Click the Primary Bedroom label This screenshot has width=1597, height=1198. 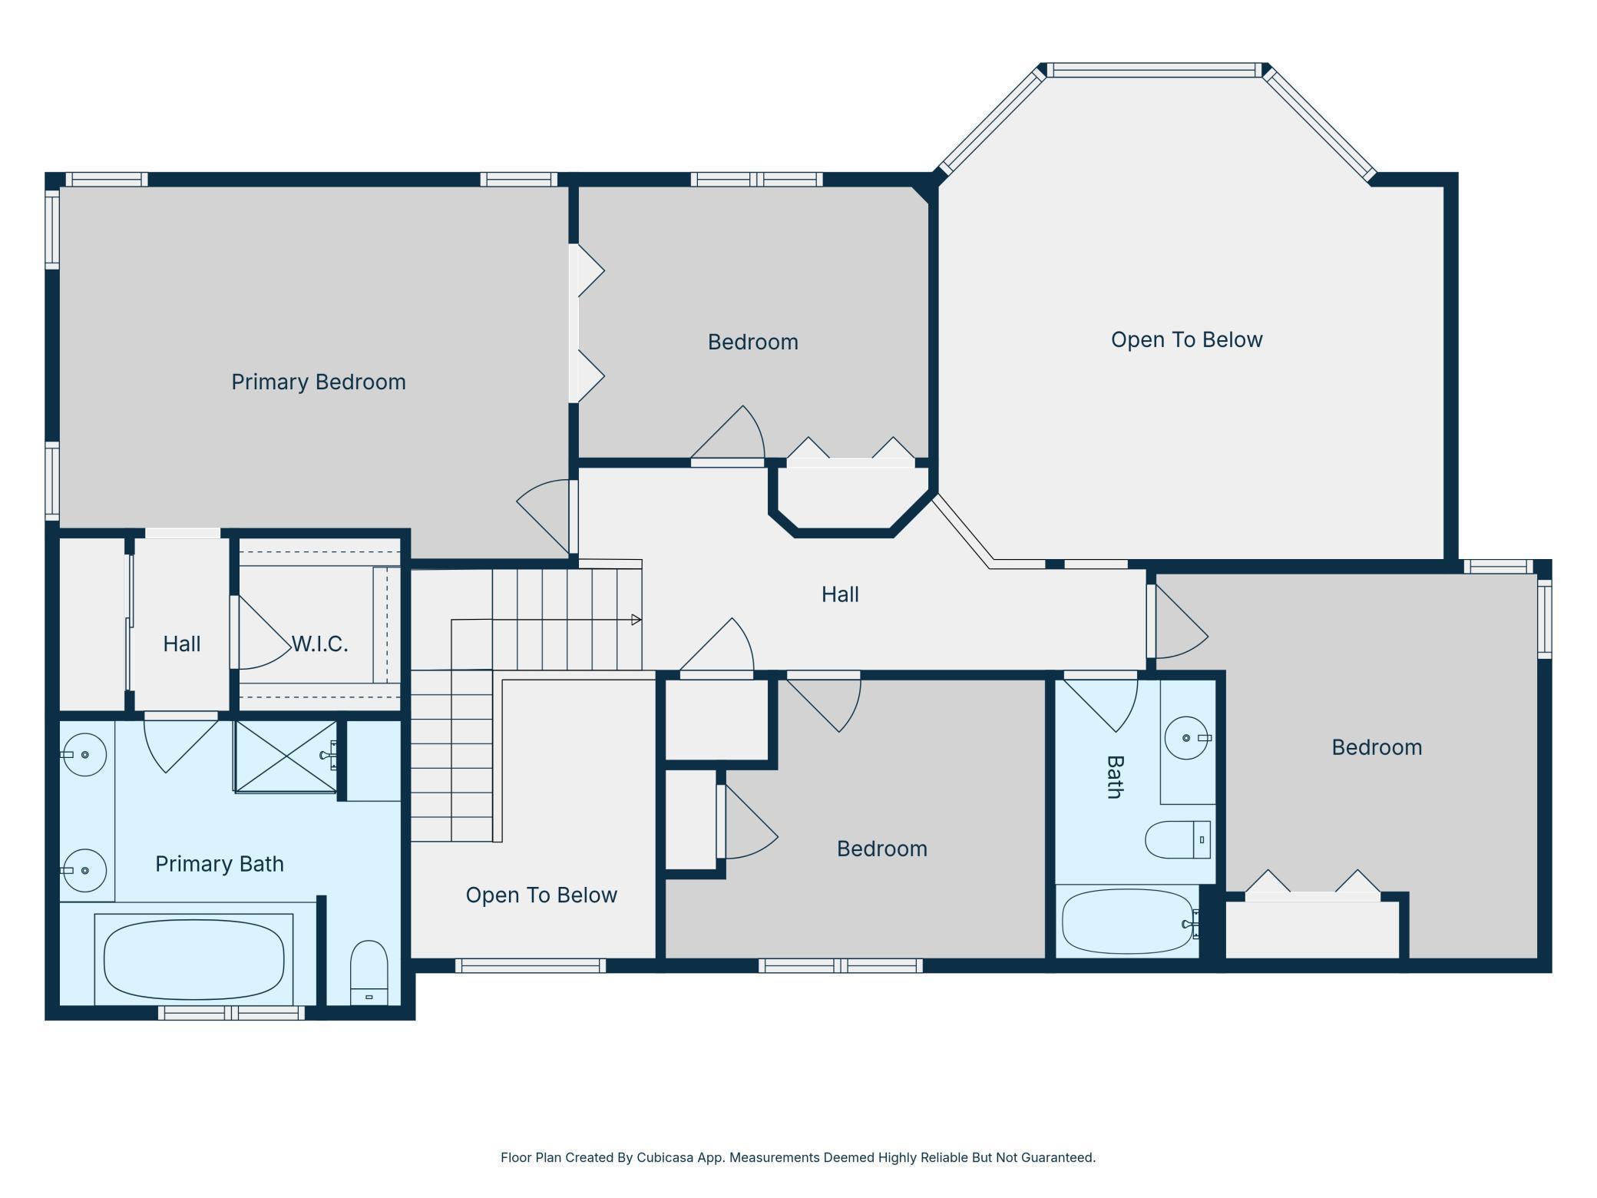pos(319,382)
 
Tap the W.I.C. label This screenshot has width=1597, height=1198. pos(320,644)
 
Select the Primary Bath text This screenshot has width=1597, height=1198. pos(220,864)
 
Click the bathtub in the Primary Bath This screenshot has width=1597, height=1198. pos(193,959)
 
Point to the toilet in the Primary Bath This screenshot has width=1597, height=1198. pos(369,971)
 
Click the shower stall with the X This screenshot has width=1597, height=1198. pos(286,756)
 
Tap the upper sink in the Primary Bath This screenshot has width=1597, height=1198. pos(83,754)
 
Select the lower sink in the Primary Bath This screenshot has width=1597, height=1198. pos(83,870)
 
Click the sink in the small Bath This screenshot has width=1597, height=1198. pos(1187,737)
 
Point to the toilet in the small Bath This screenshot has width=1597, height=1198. pos(1178,839)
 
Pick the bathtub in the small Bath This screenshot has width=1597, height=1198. pos(1128,922)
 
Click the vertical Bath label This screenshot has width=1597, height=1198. pos(1115,777)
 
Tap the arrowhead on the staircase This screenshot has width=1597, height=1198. pos(636,620)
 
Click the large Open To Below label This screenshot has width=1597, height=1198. pos(1186,339)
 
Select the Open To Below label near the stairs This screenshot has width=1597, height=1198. pos(541,895)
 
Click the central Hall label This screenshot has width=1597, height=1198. pos(840,594)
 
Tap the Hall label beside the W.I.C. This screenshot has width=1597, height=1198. pos(182,644)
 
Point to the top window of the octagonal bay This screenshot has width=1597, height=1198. pos(1154,71)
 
